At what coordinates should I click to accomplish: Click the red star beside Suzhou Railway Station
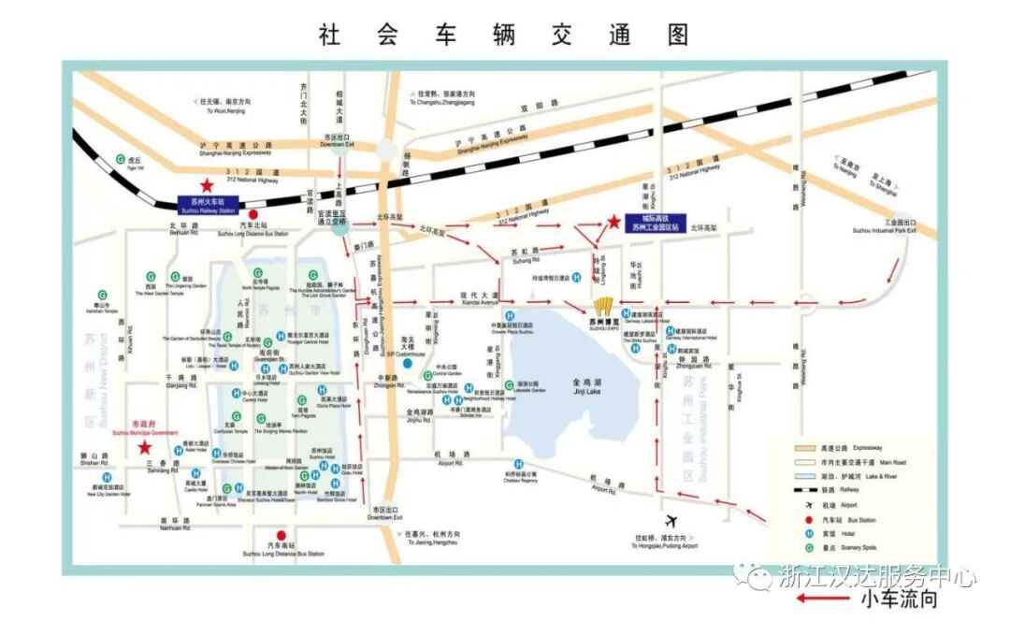coord(206,185)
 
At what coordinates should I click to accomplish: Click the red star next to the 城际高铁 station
coord(613,222)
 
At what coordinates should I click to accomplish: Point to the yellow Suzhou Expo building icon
coord(603,307)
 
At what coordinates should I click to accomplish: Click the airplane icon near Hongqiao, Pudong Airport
coord(670,520)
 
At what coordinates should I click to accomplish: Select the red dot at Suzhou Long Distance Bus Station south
coord(255,535)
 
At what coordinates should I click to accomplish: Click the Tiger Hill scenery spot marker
coord(120,161)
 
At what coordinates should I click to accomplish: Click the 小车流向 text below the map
coord(899,598)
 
